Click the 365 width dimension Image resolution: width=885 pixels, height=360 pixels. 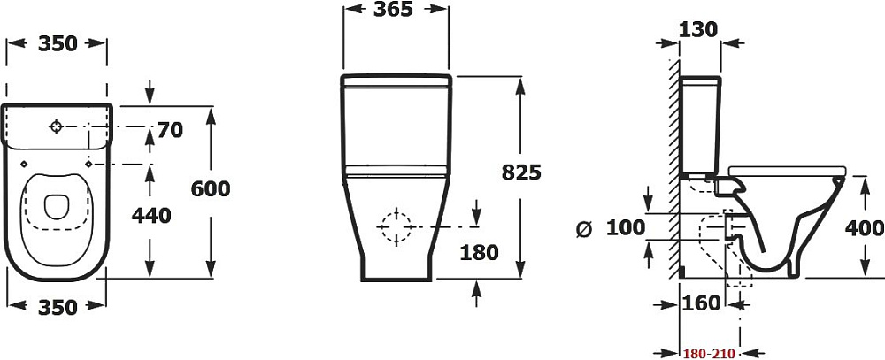[394, 10]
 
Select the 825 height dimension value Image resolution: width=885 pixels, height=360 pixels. [521, 172]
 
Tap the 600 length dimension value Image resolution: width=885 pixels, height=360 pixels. [211, 189]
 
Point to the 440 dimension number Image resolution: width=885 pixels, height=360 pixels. [150, 216]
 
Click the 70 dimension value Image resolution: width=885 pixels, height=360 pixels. [170, 130]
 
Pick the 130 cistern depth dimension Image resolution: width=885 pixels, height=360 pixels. [697, 29]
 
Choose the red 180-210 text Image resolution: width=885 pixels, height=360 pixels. [708, 354]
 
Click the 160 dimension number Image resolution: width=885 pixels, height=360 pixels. [701, 303]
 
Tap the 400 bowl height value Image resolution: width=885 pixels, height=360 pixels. [864, 228]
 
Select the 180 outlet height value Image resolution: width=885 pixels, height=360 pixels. [479, 253]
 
